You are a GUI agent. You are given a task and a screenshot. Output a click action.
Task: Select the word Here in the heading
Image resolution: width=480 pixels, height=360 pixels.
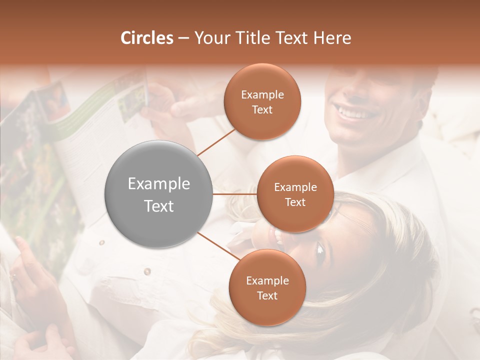coord(333,38)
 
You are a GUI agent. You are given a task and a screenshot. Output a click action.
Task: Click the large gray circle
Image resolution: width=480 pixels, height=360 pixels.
coord(159,194)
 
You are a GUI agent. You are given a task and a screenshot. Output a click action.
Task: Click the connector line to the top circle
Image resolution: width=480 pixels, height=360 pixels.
coord(216,141)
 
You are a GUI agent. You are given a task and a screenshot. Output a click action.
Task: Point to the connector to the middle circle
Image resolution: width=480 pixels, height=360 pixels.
coord(235,194)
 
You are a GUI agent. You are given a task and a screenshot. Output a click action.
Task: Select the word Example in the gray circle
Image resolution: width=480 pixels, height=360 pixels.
coord(159,184)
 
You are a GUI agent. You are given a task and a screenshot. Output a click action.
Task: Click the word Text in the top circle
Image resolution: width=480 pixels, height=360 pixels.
coord(262,110)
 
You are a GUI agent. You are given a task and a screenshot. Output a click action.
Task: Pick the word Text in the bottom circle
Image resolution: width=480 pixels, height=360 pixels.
coord(267,296)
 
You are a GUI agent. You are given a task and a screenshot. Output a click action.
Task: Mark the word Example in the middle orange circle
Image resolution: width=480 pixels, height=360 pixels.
coord(295,187)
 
